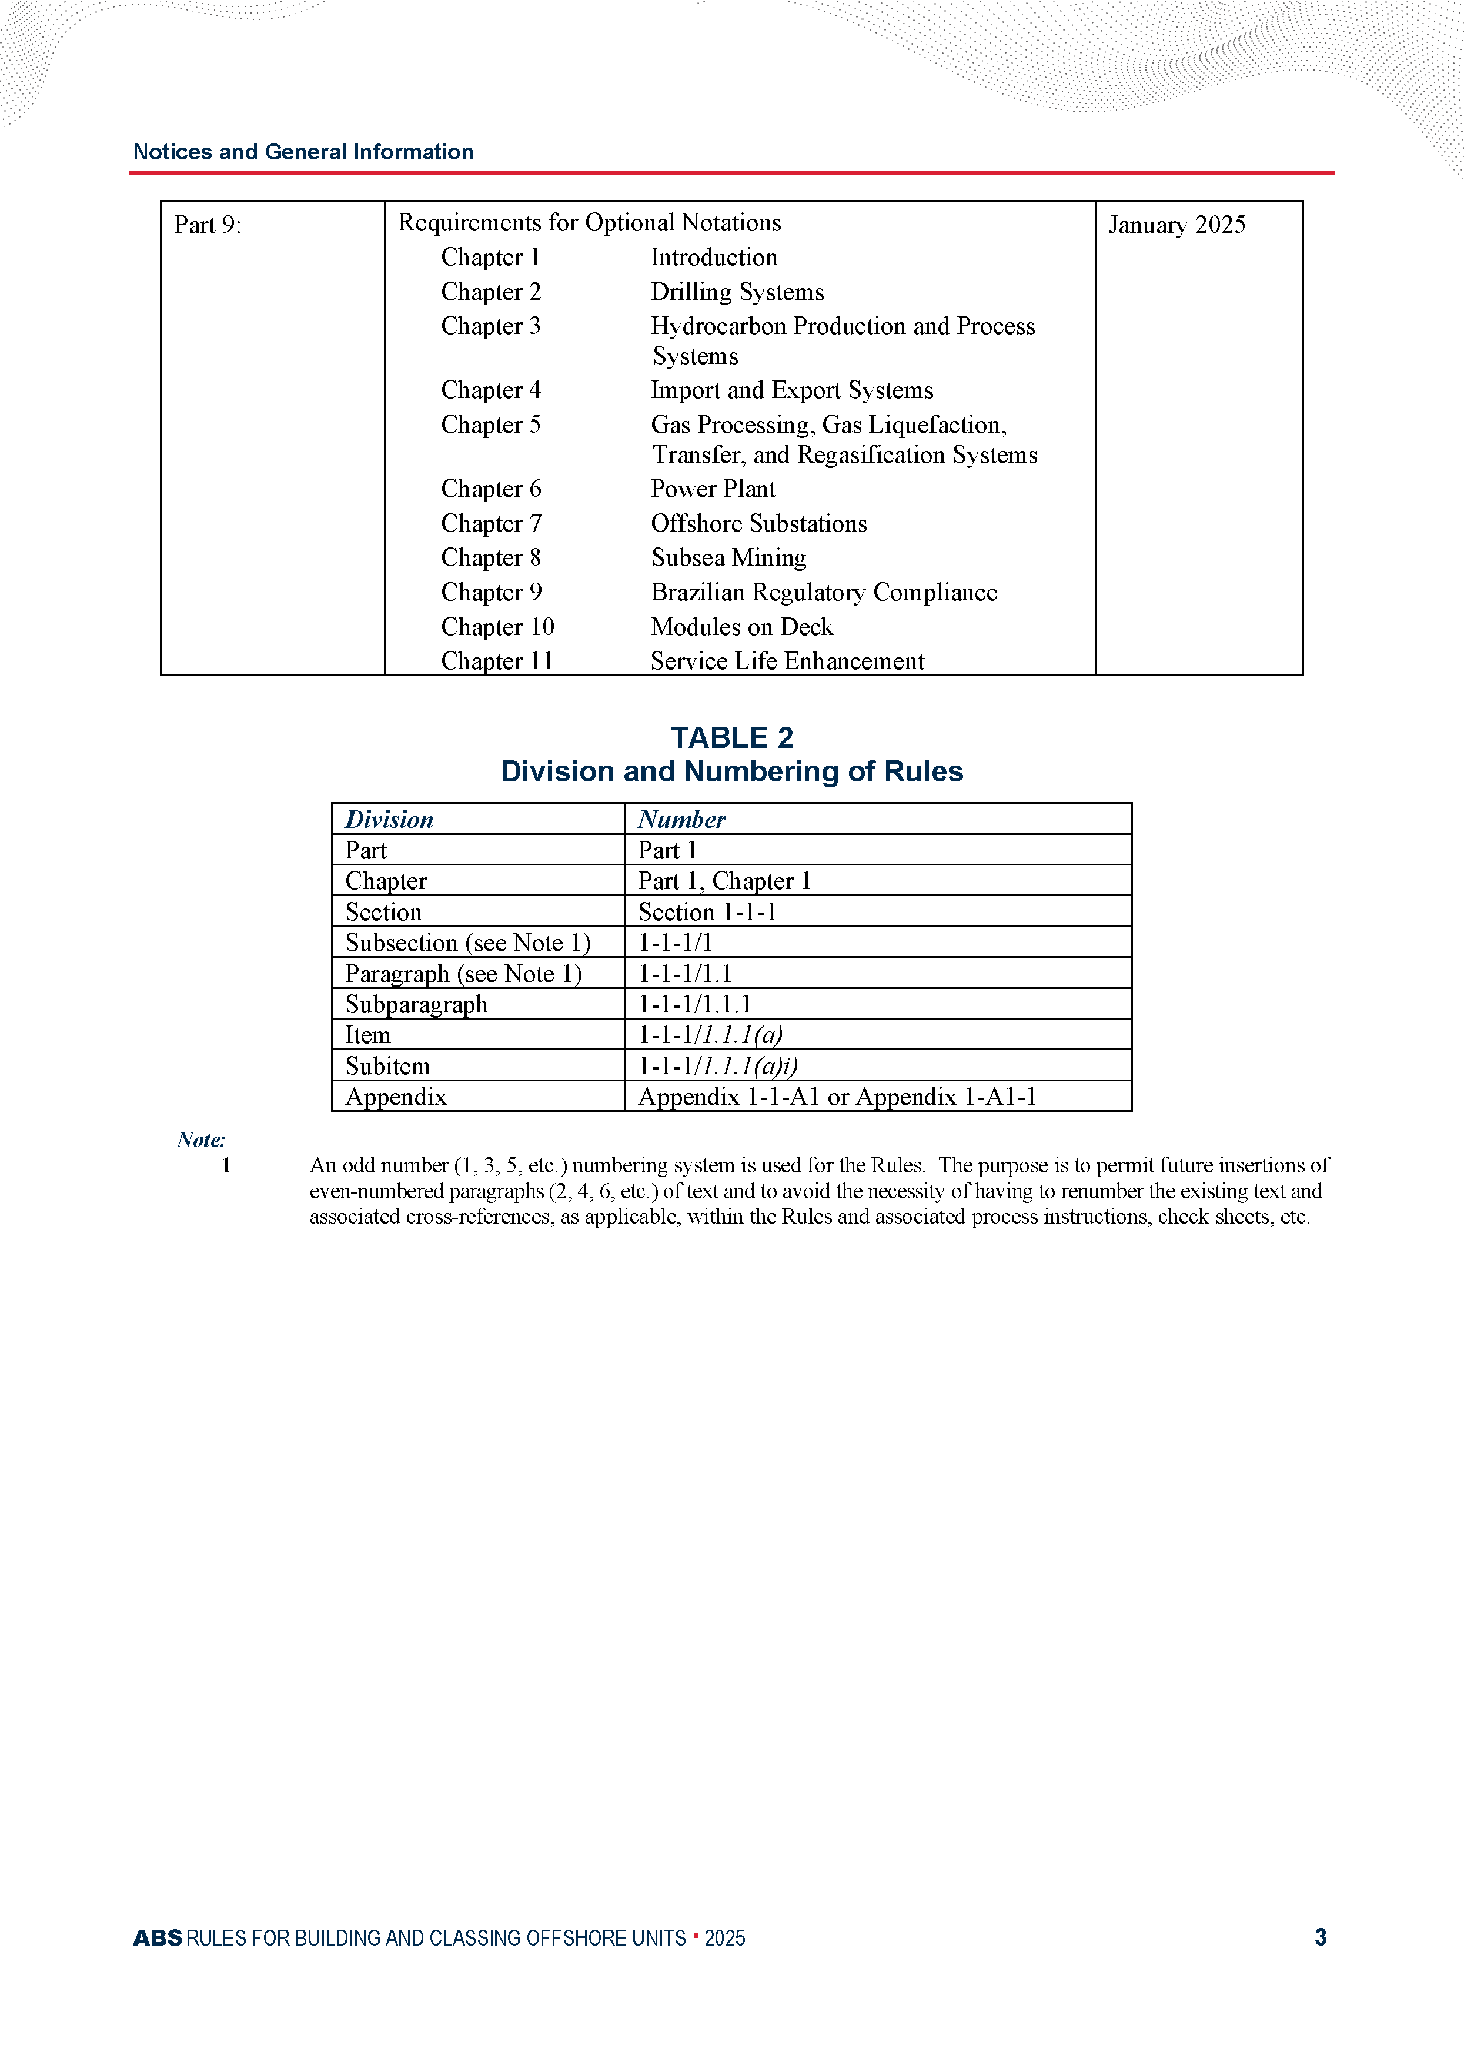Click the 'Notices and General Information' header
tap(303, 152)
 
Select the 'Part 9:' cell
tap(208, 225)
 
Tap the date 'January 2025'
tap(1176, 225)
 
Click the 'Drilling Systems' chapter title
tap(737, 292)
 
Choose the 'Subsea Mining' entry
tap(728, 558)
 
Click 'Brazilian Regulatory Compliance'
tap(824, 592)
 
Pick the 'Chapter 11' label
tap(497, 661)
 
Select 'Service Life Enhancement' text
tap(787, 661)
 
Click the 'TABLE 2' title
tap(732, 737)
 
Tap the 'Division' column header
tap(389, 819)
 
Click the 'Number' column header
tap(681, 819)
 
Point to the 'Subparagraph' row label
tap(416, 1004)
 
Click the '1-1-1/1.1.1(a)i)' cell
tap(717, 1066)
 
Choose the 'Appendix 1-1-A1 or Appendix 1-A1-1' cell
tap(837, 1097)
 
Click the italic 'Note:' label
tap(201, 1140)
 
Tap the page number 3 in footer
tap(1321, 1937)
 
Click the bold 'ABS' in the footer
tap(158, 1937)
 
